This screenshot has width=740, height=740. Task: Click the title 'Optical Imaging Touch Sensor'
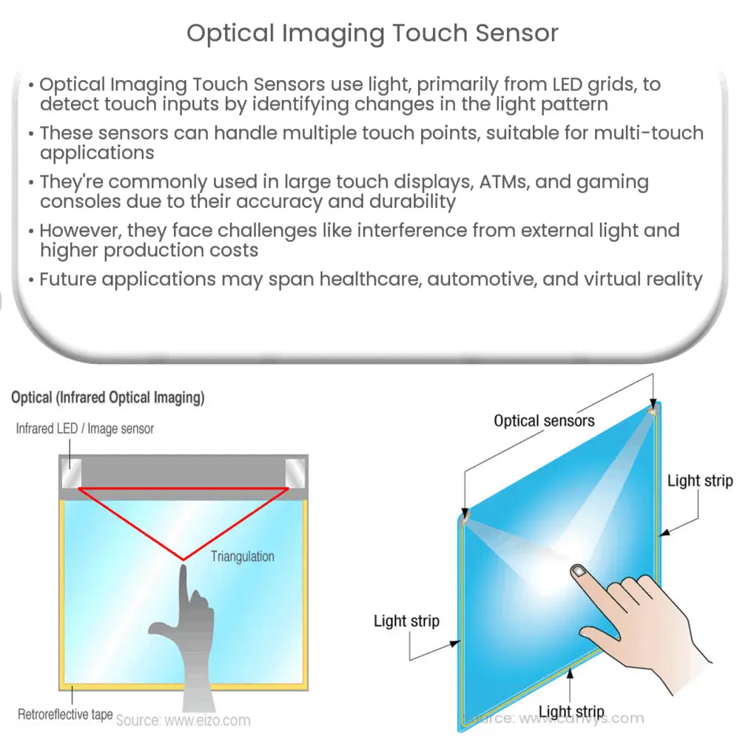372,33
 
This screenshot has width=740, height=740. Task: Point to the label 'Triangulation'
242,556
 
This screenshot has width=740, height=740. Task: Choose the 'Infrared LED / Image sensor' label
85,428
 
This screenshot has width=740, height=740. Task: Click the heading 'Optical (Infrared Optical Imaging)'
107,398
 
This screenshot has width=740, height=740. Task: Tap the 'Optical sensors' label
544,421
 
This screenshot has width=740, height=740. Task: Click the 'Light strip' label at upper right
699,481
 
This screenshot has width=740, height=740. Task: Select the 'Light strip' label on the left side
406,621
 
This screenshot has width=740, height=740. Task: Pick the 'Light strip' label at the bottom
571,713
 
